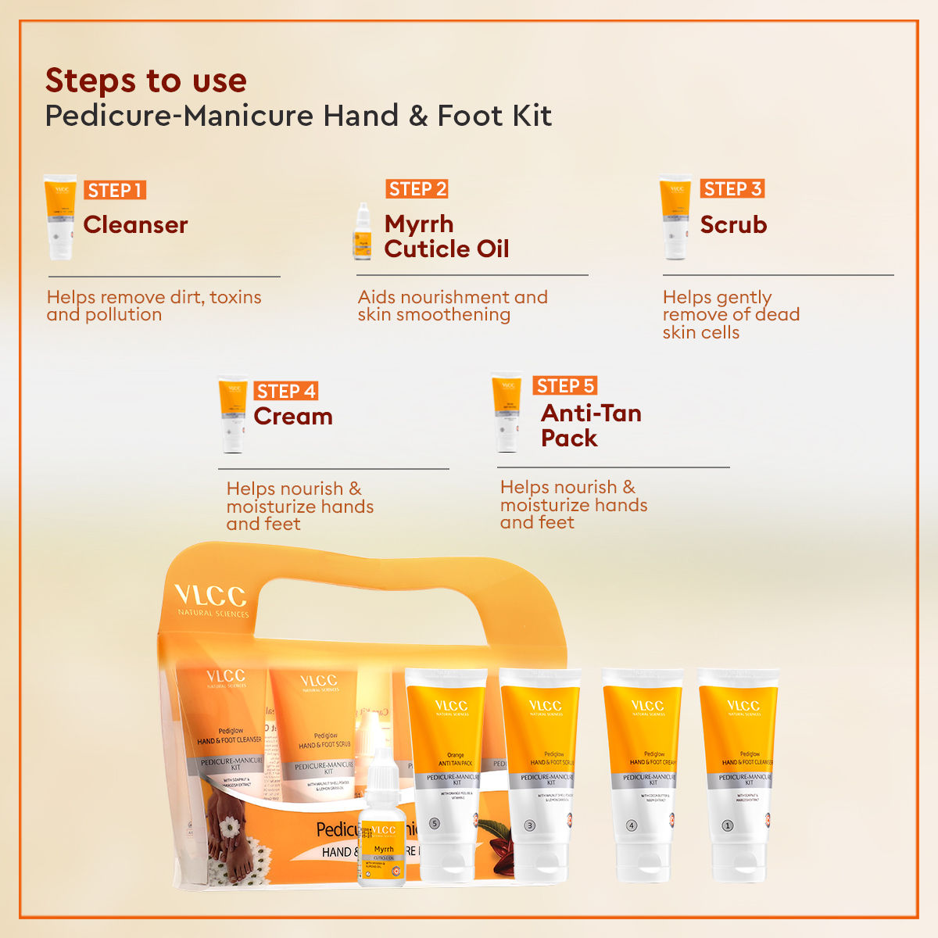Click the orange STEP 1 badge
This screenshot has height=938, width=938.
pyautogui.click(x=115, y=190)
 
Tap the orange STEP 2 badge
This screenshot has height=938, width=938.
pyautogui.click(x=417, y=188)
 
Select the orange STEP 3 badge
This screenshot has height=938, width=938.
pyautogui.click(x=732, y=188)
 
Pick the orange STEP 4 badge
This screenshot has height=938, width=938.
pyautogui.click(x=286, y=391)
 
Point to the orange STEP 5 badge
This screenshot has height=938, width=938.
pyautogui.click(x=566, y=385)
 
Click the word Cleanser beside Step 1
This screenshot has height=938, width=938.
pyautogui.click(x=135, y=225)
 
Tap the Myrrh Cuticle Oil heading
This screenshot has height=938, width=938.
pyautogui.click(x=446, y=236)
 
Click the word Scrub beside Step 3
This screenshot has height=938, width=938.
pyautogui.click(x=733, y=225)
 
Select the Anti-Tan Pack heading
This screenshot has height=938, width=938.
pyautogui.click(x=591, y=425)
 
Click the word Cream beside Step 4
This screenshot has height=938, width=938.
pyautogui.click(x=293, y=417)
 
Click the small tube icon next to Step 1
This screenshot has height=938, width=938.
pyautogui.click(x=60, y=217)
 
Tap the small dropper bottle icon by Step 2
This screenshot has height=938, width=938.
pyautogui.click(x=362, y=232)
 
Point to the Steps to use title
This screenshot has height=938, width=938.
pyautogui.click(x=146, y=81)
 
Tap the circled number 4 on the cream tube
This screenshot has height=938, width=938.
pyautogui.click(x=632, y=825)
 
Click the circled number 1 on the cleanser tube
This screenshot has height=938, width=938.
pyautogui.click(x=727, y=825)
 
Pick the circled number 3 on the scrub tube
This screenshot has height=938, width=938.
pyautogui.click(x=529, y=825)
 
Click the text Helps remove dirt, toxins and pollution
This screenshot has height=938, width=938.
pyautogui.click(x=154, y=306)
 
